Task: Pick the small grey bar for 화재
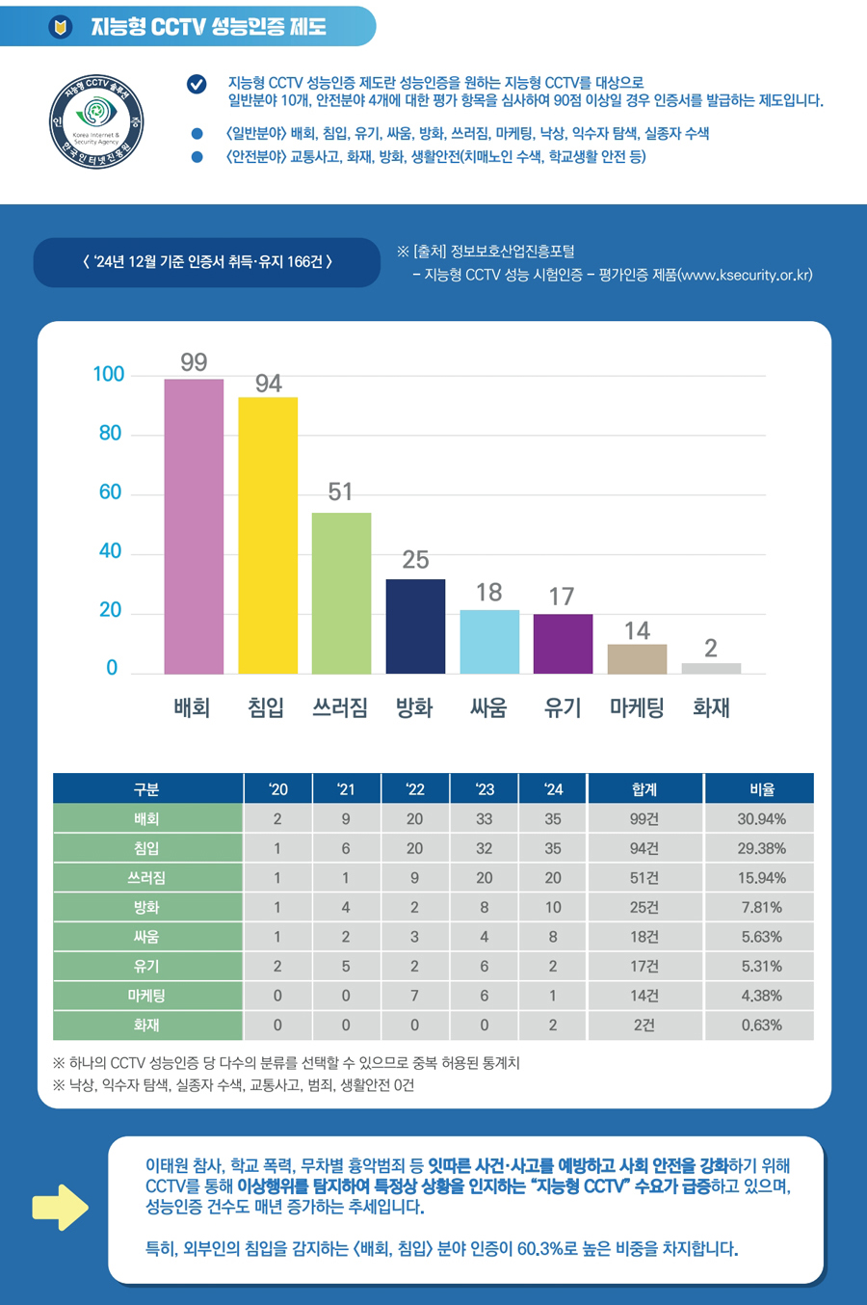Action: [711, 668]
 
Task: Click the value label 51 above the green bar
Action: [340, 492]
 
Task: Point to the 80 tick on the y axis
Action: [110, 434]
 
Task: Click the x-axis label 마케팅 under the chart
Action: [637, 708]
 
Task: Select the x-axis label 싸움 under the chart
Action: [488, 708]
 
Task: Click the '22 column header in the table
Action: [415, 789]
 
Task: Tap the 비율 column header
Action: [762, 789]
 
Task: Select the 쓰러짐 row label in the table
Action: [146, 878]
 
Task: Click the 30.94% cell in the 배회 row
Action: [762, 819]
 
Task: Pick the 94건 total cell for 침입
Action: [644, 848]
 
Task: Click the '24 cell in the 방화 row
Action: [552, 907]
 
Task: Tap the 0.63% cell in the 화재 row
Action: [762, 1025]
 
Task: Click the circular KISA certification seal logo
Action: [96, 122]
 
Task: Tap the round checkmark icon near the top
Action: [197, 85]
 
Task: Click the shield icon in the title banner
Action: [61, 27]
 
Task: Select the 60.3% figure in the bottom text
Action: [540, 1249]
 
